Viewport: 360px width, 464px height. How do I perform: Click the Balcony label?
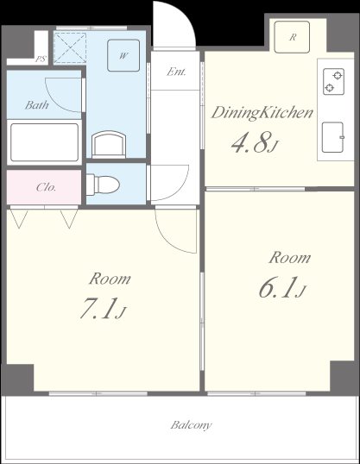pyautogui.click(x=191, y=425)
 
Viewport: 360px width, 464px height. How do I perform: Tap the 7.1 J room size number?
pyautogui.click(x=104, y=309)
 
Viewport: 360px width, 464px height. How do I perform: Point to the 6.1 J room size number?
pyautogui.click(x=281, y=287)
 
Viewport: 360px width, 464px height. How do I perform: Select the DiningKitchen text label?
pyautogui.click(x=262, y=113)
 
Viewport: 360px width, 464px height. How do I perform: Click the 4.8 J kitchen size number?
pyautogui.click(x=254, y=142)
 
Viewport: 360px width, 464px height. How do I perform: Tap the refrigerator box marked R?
pyautogui.click(x=292, y=37)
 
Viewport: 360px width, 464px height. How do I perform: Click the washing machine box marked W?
pyautogui.click(x=123, y=55)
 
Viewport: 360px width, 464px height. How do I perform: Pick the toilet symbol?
pyautogui.click(x=103, y=184)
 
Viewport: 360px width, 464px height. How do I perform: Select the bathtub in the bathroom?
pyautogui.click(x=44, y=142)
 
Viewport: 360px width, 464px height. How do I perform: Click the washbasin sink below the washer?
pyautogui.click(x=109, y=145)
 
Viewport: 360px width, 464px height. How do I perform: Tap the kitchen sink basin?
pyautogui.click(x=333, y=137)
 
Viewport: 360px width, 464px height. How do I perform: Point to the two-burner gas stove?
pyautogui.click(x=333, y=82)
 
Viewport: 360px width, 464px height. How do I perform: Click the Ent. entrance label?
pyautogui.click(x=176, y=72)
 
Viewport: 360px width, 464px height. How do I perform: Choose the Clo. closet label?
pyautogui.click(x=46, y=187)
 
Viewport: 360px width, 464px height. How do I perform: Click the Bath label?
pyautogui.click(x=37, y=104)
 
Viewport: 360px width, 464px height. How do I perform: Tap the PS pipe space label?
pyautogui.click(x=41, y=59)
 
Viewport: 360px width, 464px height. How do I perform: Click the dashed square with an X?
pyautogui.click(x=70, y=48)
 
